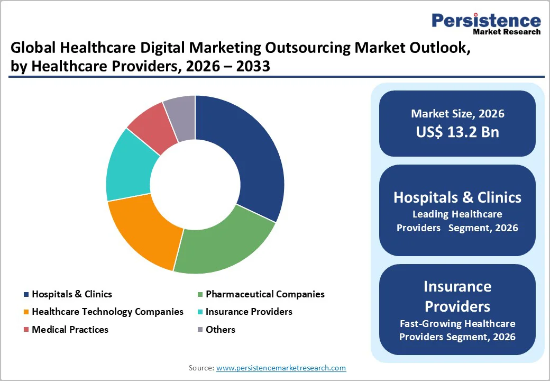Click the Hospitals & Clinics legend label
point(72,294)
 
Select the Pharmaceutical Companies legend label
point(265,294)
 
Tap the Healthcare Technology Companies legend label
point(107,312)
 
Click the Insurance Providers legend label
point(249,312)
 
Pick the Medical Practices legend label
point(70,330)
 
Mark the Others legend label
point(221,330)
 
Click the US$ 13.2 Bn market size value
point(457,132)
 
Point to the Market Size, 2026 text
point(457,114)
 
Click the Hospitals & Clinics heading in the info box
point(457,198)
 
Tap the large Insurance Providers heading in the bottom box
point(457,296)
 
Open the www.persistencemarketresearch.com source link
point(281,368)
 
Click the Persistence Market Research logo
point(486,23)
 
